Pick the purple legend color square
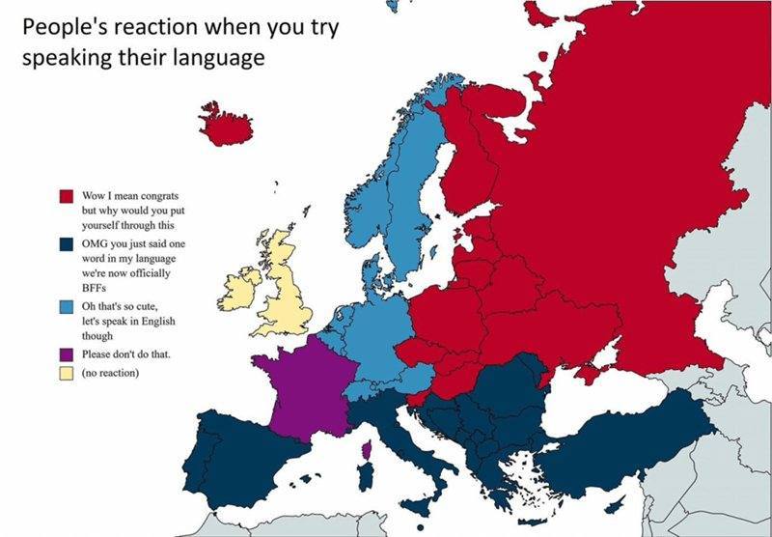[x=68, y=354]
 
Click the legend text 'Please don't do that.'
[x=126, y=354]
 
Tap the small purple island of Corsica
[x=365, y=449]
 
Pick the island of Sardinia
[x=364, y=478]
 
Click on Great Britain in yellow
[x=289, y=291]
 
